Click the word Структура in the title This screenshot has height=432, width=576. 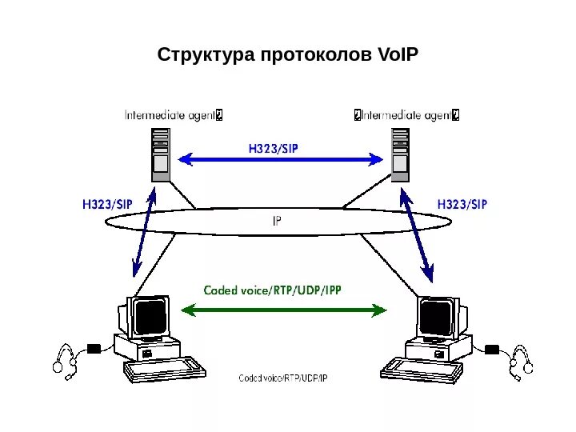click(x=204, y=55)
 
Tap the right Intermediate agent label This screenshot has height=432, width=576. click(x=407, y=114)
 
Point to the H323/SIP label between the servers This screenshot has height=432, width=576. click(x=278, y=148)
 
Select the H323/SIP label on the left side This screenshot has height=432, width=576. click(x=107, y=204)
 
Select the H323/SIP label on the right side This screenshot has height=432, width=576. click(x=462, y=204)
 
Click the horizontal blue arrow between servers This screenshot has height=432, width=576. click(x=280, y=160)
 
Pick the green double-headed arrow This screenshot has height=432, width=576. click(x=284, y=308)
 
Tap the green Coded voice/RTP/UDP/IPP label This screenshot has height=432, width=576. click(x=272, y=290)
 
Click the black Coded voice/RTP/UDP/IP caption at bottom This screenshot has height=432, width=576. click(x=283, y=378)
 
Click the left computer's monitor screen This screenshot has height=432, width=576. click(x=150, y=317)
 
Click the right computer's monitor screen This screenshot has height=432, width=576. click(x=436, y=318)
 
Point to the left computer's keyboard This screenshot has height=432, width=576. click(x=164, y=369)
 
